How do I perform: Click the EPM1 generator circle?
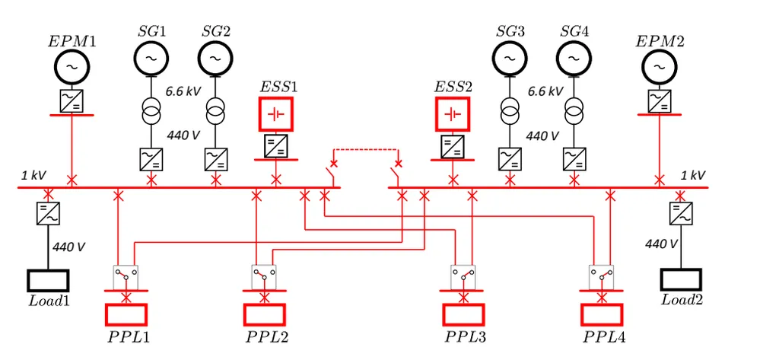click(72, 68)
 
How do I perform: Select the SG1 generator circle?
click(151, 56)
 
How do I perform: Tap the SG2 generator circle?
click(216, 56)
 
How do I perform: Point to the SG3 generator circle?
click(509, 56)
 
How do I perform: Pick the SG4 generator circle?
click(575, 56)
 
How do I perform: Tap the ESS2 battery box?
click(453, 114)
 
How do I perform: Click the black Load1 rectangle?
click(49, 280)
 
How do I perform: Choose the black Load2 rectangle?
click(681, 279)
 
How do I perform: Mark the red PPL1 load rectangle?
click(126, 314)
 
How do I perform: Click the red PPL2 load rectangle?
click(264, 314)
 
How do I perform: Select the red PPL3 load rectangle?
click(463, 314)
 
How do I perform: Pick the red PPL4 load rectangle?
click(602, 314)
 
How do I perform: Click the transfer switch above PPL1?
click(126, 276)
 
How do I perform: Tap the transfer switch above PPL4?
click(602, 276)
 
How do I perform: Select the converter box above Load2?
click(679, 213)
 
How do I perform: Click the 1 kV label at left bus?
click(33, 176)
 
